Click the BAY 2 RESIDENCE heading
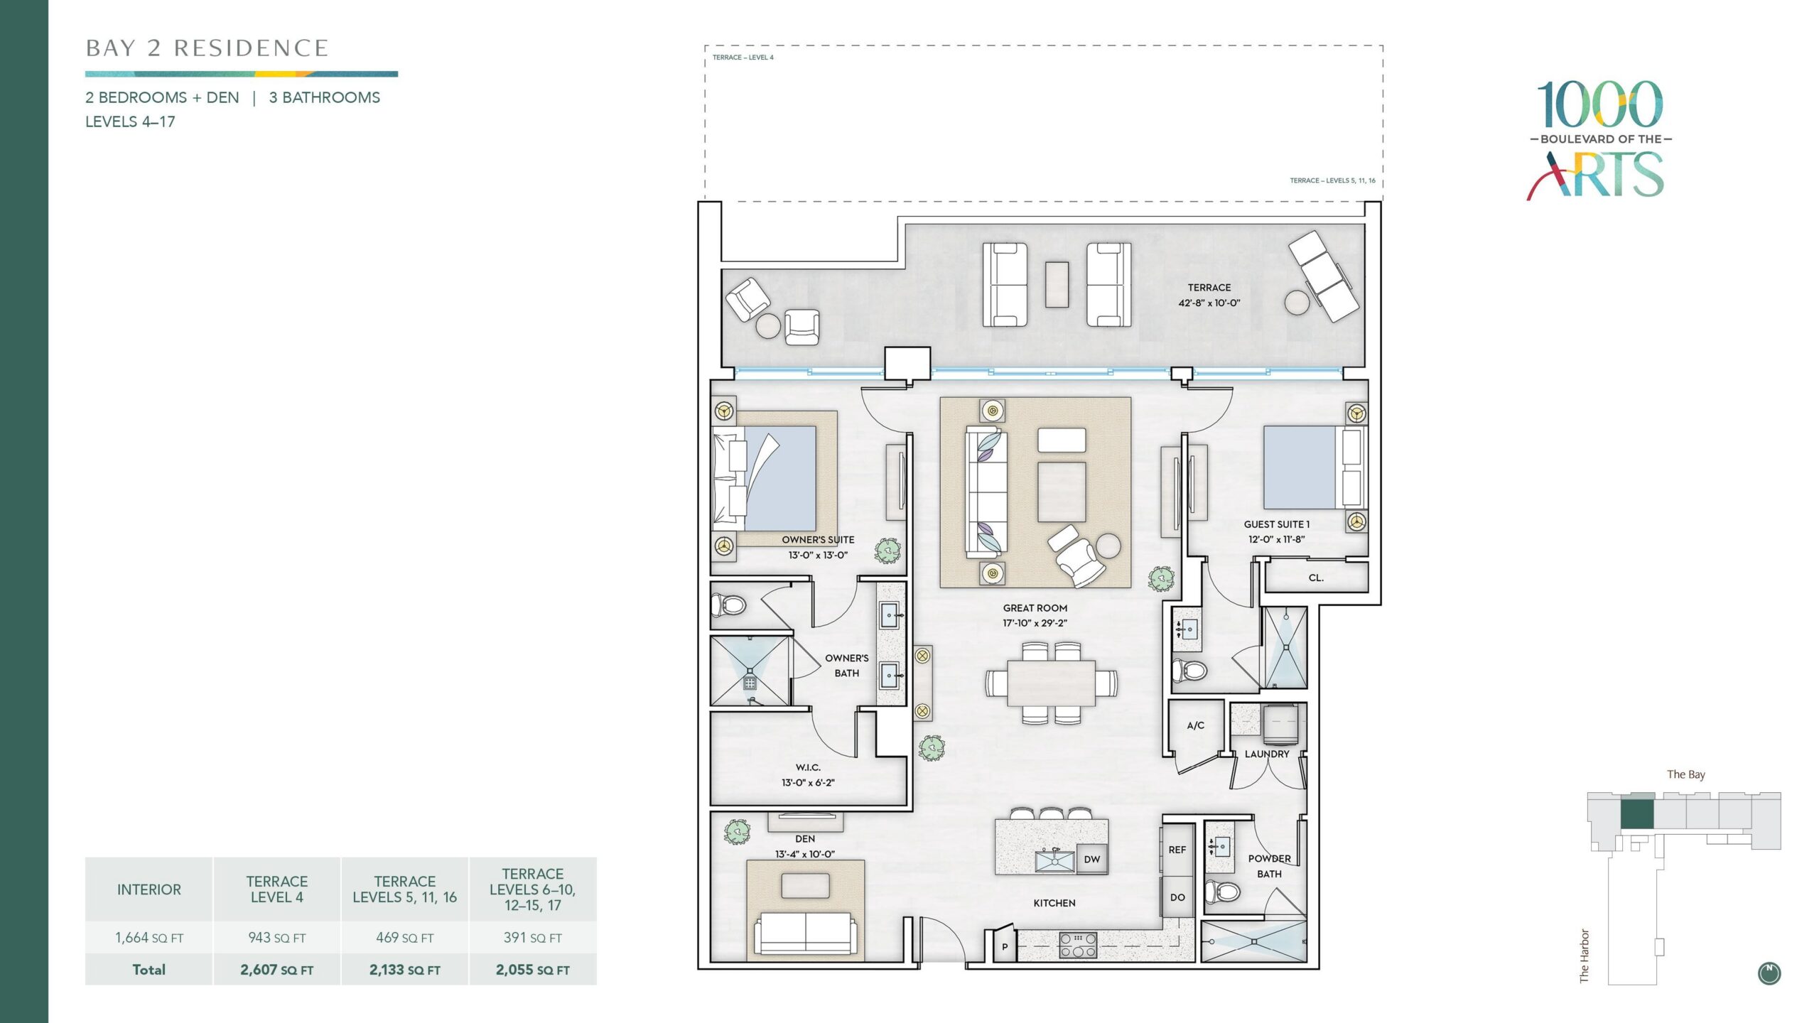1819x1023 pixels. coord(207,48)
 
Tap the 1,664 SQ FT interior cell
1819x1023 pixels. coord(149,938)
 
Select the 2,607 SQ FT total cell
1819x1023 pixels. coord(276,970)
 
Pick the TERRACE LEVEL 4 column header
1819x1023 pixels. coord(277,889)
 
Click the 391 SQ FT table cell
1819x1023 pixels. coord(533,938)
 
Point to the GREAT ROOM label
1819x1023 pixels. coord(1035,608)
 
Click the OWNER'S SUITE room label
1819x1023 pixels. coord(818,540)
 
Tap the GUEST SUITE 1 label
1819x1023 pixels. coord(1277,524)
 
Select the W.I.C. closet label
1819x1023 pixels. coord(808,767)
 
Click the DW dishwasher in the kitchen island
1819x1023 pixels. coord(1092,859)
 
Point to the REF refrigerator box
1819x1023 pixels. coord(1177,850)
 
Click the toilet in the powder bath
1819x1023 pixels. coord(1224,890)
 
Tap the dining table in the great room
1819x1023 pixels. coord(1051,683)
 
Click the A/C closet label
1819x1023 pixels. coord(1196,725)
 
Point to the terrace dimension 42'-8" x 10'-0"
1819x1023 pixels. coord(1209,303)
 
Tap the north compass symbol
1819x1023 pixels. coord(1769,973)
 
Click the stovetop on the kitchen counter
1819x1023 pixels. coord(1078,946)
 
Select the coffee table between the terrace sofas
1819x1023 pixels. coord(1057,285)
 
